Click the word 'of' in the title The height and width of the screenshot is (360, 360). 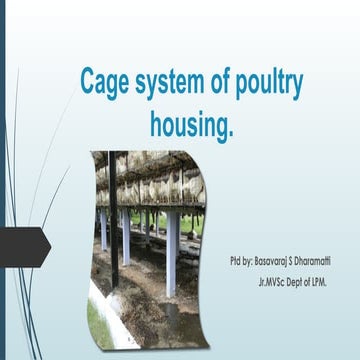217,85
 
